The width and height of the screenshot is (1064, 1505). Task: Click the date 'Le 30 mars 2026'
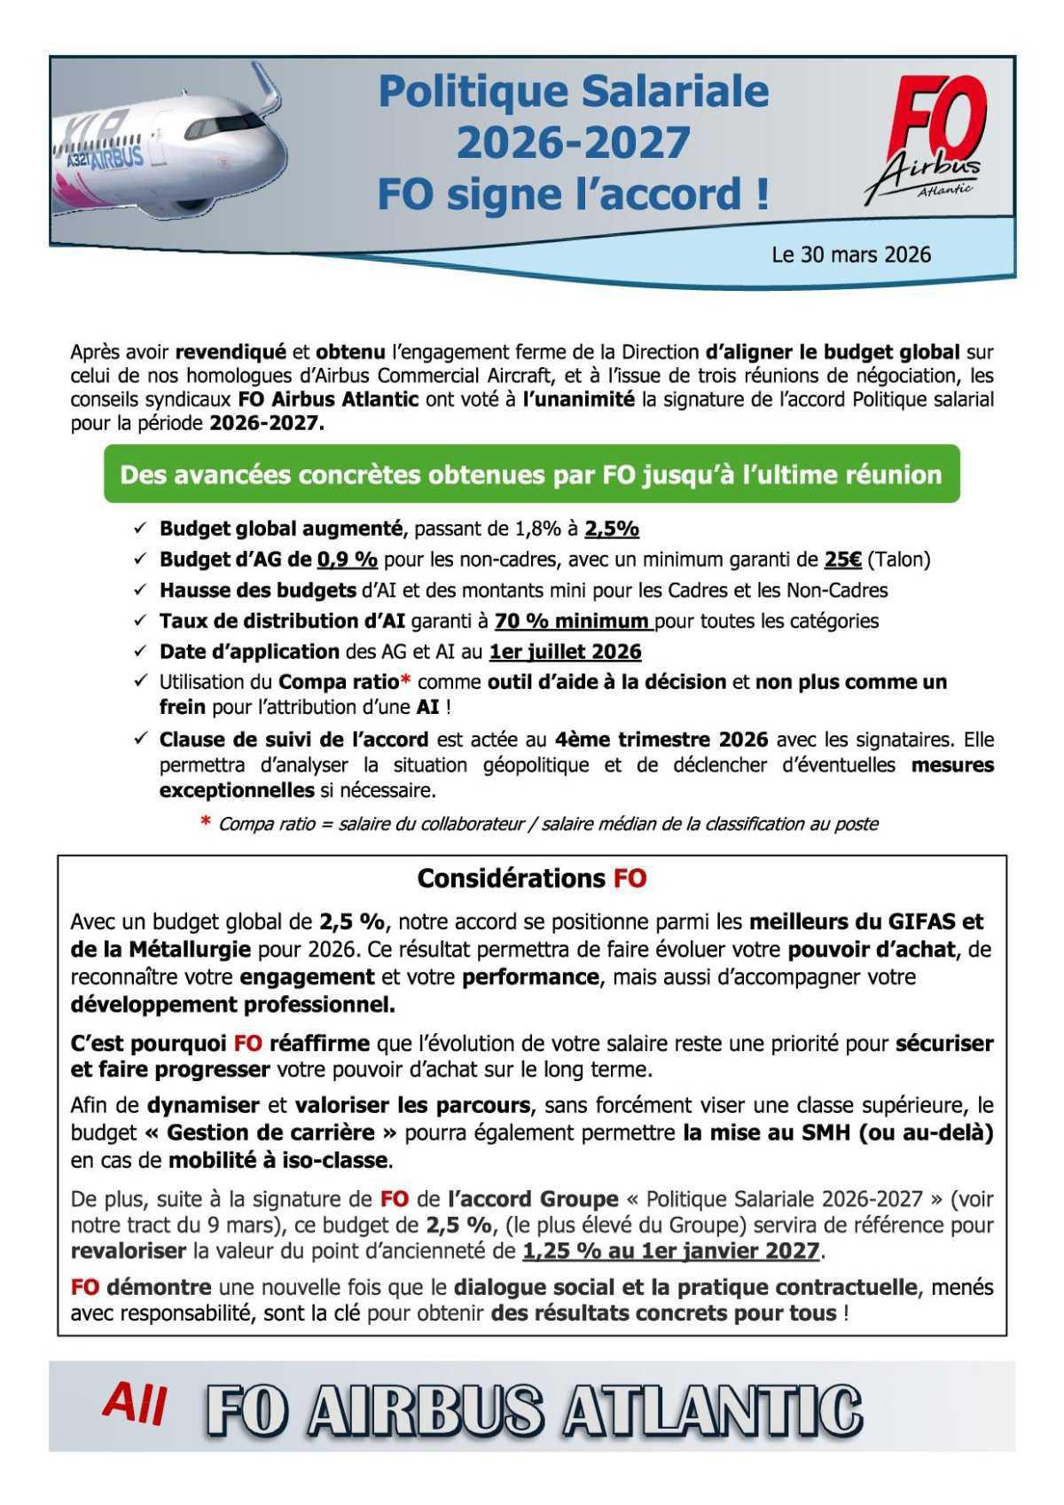pyautogui.click(x=850, y=255)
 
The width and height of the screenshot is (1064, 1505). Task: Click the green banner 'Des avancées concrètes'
pyautogui.click(x=531, y=474)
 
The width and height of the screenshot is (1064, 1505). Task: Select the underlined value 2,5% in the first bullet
pyautogui.click(x=612, y=529)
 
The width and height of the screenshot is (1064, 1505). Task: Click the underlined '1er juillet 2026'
pyautogui.click(x=565, y=652)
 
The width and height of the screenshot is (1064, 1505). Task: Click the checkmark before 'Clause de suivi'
pyautogui.click(x=140, y=739)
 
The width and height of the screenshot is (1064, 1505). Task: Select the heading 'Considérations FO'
pyautogui.click(x=531, y=879)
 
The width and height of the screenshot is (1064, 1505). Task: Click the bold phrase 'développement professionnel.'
pyautogui.click(x=233, y=1005)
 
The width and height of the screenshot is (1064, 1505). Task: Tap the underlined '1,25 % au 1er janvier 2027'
pyautogui.click(x=671, y=1251)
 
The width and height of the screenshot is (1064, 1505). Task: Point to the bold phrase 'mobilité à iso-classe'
pyautogui.click(x=278, y=1160)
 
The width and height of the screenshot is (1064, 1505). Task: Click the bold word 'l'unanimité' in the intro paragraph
pyautogui.click(x=578, y=399)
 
